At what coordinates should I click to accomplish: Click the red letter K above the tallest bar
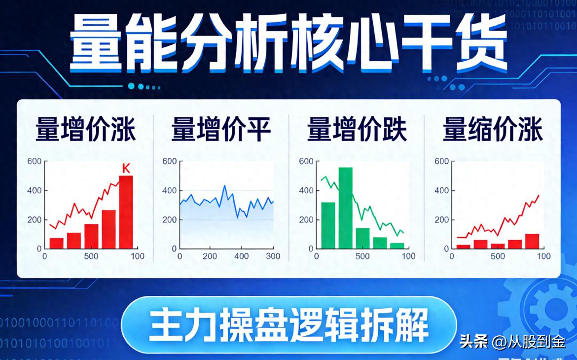(126, 169)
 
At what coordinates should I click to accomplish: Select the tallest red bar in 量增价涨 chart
(126, 212)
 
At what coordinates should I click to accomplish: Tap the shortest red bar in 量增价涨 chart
(57, 243)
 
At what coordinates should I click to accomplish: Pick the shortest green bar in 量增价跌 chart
(397, 246)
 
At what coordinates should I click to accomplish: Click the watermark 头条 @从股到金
(512, 341)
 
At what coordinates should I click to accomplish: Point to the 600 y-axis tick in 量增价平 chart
(170, 162)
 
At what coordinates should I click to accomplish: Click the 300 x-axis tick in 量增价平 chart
(272, 256)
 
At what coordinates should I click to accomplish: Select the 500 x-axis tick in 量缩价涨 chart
(497, 256)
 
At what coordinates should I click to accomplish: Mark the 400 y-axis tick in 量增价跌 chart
(306, 191)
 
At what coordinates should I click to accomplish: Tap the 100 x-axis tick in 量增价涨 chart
(138, 256)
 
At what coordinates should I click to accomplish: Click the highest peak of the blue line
(224, 186)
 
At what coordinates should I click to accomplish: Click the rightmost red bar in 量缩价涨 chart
(532, 241)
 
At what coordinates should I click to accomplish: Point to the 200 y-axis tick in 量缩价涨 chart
(441, 220)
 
